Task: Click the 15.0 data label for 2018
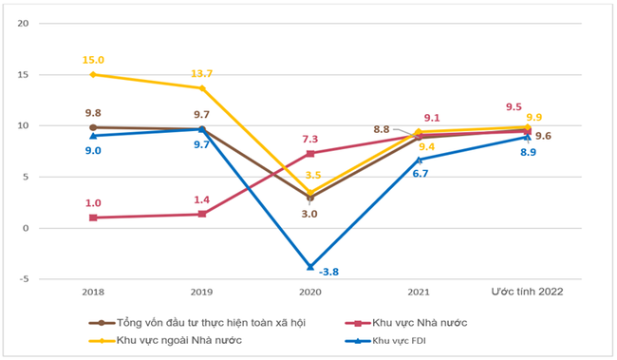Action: pos(92,59)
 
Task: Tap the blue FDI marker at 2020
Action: pos(309,267)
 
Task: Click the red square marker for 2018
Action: pos(92,218)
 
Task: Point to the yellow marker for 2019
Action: pos(201,88)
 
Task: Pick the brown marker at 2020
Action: pos(309,198)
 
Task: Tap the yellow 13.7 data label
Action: pos(201,73)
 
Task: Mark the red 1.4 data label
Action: pos(201,200)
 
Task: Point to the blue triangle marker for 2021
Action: pos(419,160)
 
